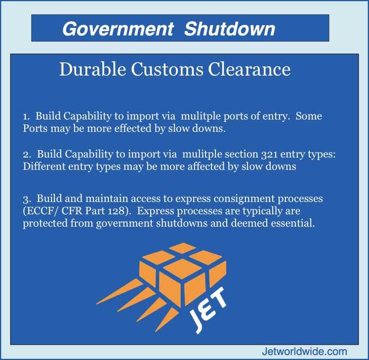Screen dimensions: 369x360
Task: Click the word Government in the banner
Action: pyautogui.click(x=118, y=29)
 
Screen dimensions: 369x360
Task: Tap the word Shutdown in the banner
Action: pyautogui.click(x=230, y=29)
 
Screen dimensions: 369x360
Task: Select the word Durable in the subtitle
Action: pyautogui.click(x=92, y=69)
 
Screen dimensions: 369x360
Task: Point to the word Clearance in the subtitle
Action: pyautogui.click(x=249, y=69)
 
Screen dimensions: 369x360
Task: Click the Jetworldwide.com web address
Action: pyautogui.click(x=304, y=352)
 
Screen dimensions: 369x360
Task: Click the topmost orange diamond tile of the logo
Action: pyautogui.click(x=182, y=248)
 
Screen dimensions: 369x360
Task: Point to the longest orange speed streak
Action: pyautogui.click(x=120, y=291)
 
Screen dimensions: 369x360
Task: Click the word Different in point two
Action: pyautogui.click(x=44, y=166)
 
